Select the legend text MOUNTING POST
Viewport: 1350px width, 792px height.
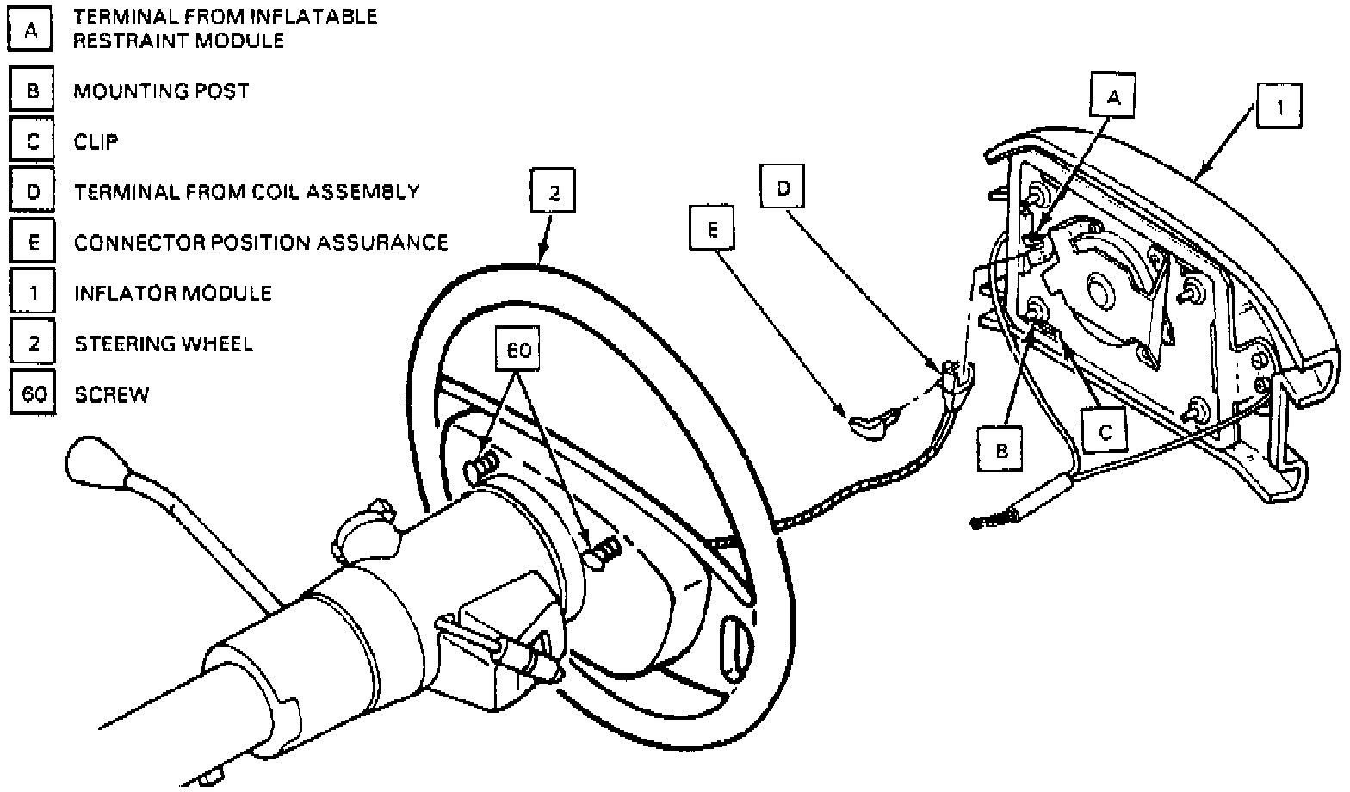tap(161, 91)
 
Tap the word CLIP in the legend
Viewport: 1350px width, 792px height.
tap(96, 141)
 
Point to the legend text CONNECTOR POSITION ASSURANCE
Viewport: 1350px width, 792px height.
tap(261, 243)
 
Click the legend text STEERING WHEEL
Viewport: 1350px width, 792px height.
tap(164, 344)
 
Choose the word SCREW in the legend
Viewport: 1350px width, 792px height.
tap(112, 395)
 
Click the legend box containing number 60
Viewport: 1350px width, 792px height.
tap(34, 394)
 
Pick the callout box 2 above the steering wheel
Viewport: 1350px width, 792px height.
tap(553, 193)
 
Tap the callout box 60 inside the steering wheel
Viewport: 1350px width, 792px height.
tap(517, 350)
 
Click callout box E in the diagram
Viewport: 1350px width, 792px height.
tap(711, 231)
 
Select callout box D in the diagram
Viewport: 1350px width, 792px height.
tap(783, 187)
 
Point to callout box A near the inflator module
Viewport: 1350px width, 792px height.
tap(1114, 96)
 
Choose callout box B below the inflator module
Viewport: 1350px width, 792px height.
tap(1001, 449)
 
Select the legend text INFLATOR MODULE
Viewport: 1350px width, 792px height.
tap(173, 294)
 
